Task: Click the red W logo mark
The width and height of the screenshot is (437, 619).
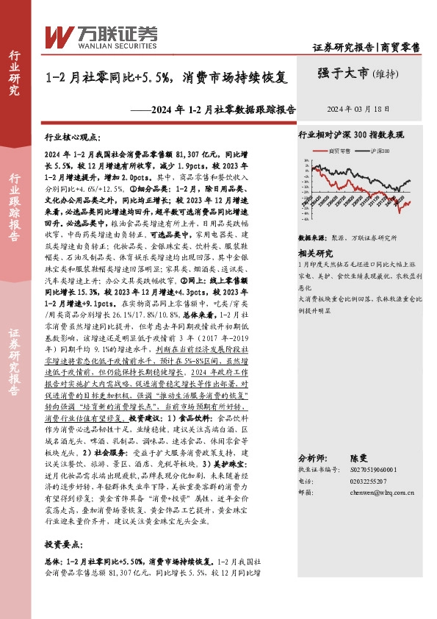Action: [59, 35]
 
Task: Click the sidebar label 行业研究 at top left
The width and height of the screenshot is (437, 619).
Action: [13, 74]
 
